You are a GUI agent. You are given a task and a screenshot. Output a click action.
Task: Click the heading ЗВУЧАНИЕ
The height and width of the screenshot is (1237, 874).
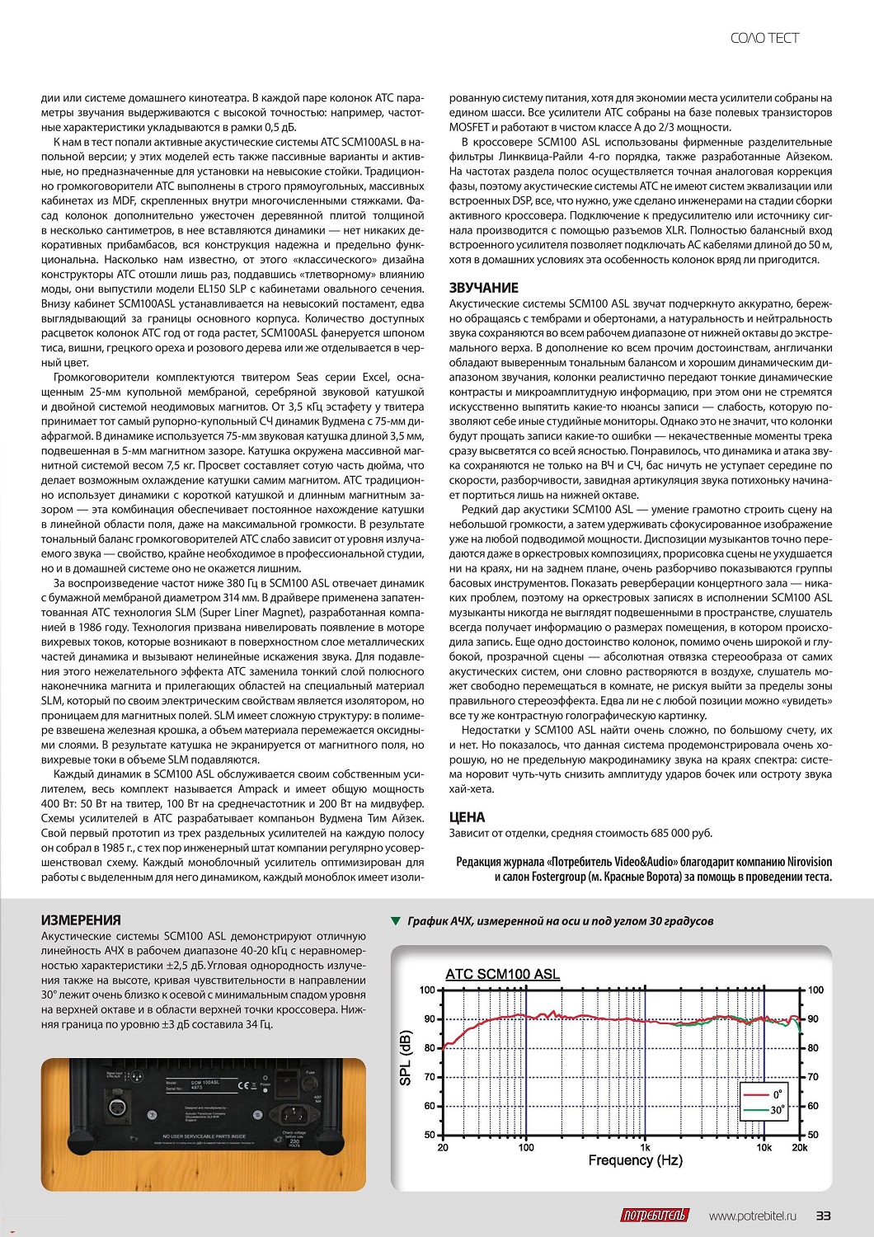pos(484,288)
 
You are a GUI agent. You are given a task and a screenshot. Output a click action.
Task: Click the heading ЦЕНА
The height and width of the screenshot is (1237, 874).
pos(467,817)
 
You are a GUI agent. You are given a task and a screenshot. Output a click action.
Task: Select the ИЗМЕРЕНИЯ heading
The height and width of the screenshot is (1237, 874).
pos(81,920)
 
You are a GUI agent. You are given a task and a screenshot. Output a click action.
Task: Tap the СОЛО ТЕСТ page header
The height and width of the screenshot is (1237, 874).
pos(764,38)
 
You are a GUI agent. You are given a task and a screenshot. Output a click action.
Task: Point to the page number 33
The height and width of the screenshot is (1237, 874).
pos(823,1216)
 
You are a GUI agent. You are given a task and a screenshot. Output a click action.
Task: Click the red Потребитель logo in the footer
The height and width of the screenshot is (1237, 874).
pos(654,1216)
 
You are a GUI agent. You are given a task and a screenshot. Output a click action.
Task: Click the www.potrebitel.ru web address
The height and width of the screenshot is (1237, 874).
pos(753,1216)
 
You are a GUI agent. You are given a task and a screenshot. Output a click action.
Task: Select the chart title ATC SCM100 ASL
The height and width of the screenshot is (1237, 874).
pos(502,974)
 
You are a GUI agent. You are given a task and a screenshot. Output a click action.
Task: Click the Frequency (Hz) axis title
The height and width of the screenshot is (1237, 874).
pos(635,1160)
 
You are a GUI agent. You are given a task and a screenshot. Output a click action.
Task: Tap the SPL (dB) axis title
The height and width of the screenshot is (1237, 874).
pos(406,1058)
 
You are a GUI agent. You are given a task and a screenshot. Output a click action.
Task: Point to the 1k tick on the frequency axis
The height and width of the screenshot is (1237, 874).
pos(645,1147)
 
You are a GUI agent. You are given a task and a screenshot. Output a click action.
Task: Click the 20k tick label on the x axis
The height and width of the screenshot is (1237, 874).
pos(799,1147)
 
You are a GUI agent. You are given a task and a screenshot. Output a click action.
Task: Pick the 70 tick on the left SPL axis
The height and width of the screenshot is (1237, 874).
pos(429,1077)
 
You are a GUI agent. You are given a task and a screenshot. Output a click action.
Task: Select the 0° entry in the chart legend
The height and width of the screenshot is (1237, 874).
pos(778,1094)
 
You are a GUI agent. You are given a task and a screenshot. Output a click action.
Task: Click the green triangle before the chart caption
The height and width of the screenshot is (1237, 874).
pos(396,921)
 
